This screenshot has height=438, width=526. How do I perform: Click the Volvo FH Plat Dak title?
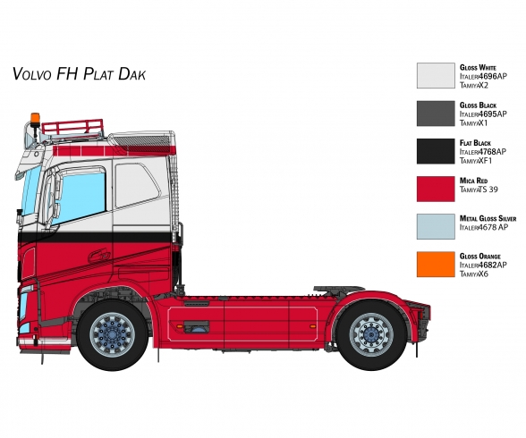point(79,73)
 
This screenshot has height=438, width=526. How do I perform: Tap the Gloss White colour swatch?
point(436,76)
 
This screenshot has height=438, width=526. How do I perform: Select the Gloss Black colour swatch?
point(436,114)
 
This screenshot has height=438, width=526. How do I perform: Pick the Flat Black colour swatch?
point(436,151)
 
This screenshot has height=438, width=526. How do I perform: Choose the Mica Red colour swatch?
point(436,189)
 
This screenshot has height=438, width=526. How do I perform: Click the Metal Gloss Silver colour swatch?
point(436,227)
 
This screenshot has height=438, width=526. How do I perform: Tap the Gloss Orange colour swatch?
point(436,265)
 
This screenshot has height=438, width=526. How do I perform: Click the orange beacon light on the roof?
point(35,119)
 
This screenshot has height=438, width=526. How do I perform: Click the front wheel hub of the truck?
point(113,334)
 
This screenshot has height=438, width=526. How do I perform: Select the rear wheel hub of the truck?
point(371,334)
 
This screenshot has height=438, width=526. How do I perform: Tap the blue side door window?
point(83,198)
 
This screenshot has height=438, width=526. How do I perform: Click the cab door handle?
point(99,256)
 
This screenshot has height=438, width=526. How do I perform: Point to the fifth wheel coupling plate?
point(339,289)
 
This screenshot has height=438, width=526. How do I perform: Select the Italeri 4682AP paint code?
point(483,265)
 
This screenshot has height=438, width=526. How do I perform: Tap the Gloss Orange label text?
point(480,257)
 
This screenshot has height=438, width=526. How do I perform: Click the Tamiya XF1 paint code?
point(476,161)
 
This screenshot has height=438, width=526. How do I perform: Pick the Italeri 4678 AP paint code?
point(484,227)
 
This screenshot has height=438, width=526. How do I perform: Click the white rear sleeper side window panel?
point(137,186)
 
